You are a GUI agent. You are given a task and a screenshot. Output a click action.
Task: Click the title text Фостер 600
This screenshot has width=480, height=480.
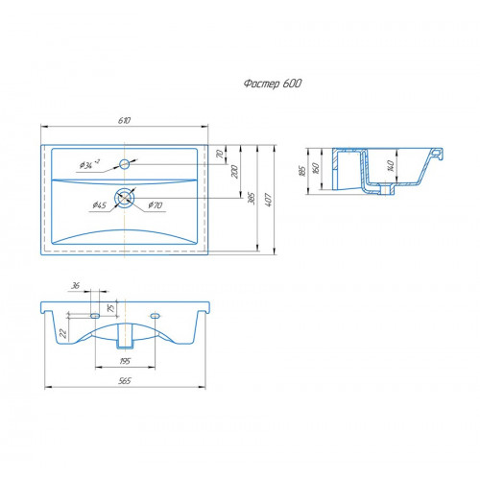pyautogui.click(x=273, y=84)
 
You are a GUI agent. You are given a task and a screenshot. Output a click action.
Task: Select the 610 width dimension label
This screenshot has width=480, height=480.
pyautogui.click(x=125, y=120)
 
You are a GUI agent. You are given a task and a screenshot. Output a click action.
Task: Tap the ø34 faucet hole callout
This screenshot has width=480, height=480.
pyautogui.click(x=89, y=164)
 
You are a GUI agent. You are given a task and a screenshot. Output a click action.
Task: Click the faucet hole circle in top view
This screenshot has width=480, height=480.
pyautogui.click(x=124, y=164)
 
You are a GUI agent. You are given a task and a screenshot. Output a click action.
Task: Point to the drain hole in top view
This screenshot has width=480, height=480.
pyautogui.click(x=125, y=198)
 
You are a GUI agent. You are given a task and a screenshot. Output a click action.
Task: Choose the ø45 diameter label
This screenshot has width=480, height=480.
pyautogui.click(x=100, y=205)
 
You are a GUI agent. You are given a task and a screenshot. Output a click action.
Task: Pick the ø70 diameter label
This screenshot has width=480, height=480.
pyautogui.click(x=156, y=205)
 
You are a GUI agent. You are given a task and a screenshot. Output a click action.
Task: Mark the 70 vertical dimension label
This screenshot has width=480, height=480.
pyautogui.click(x=220, y=155)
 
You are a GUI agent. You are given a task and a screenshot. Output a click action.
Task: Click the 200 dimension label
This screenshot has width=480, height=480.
pyautogui.click(x=234, y=172)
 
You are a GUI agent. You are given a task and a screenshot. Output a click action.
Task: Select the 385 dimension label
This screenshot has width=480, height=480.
pyautogui.click(x=252, y=199)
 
